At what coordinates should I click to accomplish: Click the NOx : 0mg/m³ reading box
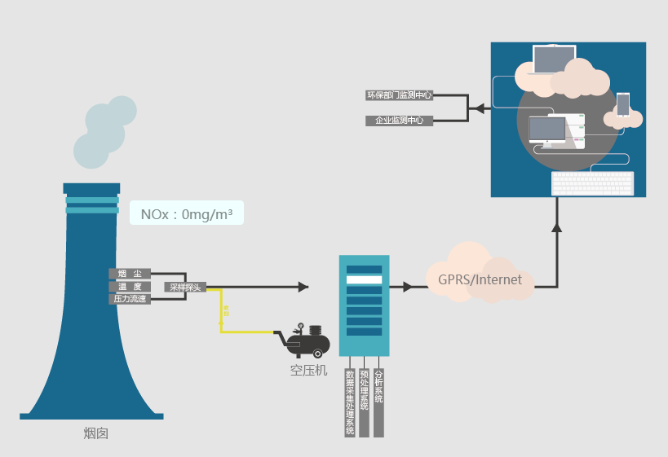tap(187, 214)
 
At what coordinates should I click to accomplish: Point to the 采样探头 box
tap(185, 287)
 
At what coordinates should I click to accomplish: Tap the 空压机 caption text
tap(309, 371)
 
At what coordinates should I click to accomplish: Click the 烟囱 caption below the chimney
tap(95, 433)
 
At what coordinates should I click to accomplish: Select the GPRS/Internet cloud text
tap(480, 279)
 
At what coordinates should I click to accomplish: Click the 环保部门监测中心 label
tap(399, 95)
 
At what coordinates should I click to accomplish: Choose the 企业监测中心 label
tap(399, 121)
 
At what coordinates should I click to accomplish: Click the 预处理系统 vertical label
tap(364, 391)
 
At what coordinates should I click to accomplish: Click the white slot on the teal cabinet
tap(365, 279)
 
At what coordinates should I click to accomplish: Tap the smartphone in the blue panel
tap(623, 105)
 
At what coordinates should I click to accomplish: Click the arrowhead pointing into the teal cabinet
tap(303, 287)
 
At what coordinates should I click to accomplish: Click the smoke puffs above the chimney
tap(102, 130)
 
